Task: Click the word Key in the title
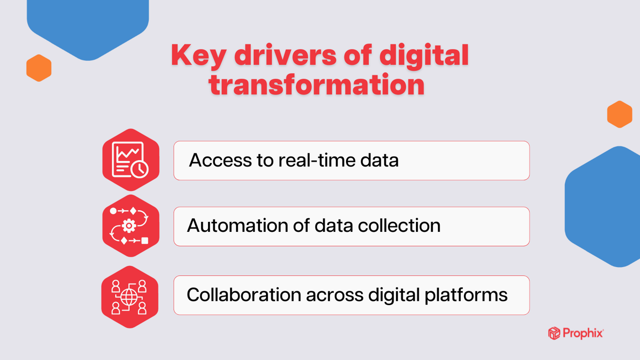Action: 197,56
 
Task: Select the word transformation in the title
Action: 317,85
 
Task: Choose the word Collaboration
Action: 244,295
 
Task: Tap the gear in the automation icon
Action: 129,226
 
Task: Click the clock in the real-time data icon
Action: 139,168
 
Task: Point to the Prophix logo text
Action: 583,333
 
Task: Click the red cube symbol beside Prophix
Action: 554,333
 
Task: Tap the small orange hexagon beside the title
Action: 39,68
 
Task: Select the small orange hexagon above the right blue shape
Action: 619,114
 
